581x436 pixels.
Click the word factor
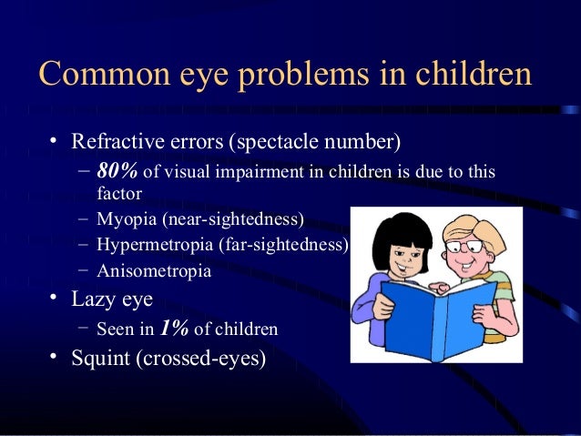pyautogui.click(x=119, y=194)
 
